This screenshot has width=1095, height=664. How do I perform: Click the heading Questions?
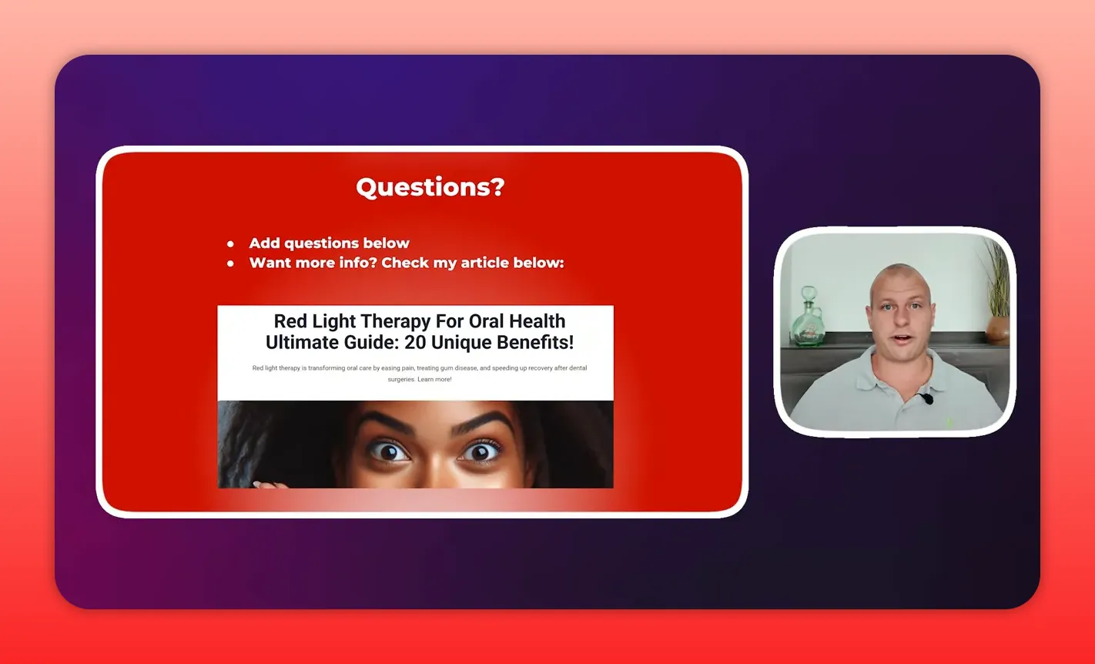[x=430, y=187]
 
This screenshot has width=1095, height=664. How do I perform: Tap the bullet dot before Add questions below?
[x=230, y=243]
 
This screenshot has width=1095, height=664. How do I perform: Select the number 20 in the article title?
[x=416, y=342]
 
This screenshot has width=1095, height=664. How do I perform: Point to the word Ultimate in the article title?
[x=298, y=342]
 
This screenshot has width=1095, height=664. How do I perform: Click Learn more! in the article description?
[x=434, y=379]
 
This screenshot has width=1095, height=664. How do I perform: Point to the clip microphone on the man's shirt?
[x=926, y=398]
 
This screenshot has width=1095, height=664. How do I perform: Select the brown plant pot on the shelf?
[x=997, y=329]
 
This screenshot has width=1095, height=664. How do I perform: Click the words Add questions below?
[x=329, y=243]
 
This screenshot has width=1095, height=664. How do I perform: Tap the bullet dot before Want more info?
[x=230, y=263]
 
